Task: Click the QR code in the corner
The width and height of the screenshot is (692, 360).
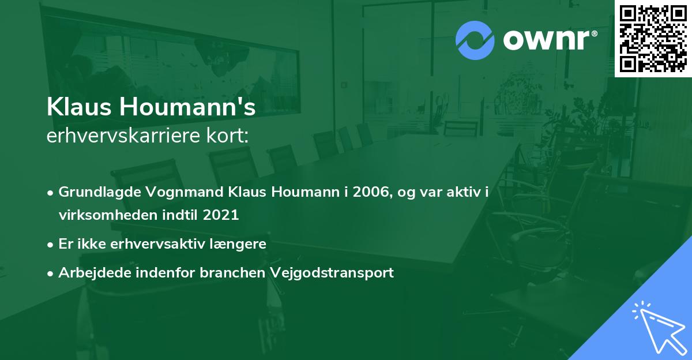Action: (x=653, y=39)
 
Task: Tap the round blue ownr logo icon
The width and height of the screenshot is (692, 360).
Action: (x=475, y=40)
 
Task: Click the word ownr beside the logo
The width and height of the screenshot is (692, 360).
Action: (x=547, y=40)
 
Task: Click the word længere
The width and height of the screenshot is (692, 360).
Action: (x=239, y=244)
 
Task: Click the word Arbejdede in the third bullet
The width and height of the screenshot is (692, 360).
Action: (x=89, y=273)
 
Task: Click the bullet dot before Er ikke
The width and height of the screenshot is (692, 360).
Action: (x=51, y=245)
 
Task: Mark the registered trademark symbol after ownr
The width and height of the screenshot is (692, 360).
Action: (x=595, y=32)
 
